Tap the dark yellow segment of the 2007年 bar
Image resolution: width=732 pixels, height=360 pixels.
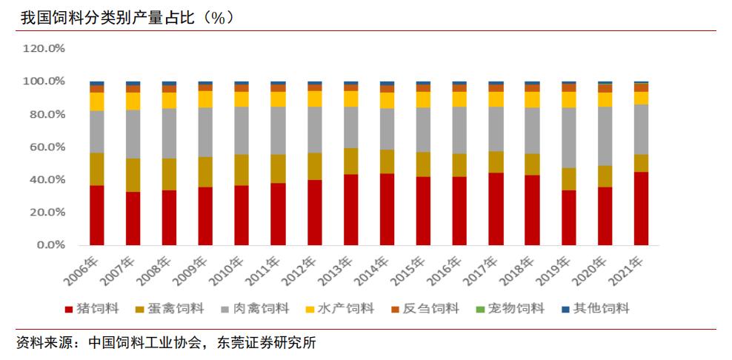[133, 175]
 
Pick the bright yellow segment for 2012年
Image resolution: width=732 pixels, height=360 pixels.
[314, 99]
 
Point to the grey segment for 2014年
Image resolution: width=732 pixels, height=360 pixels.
[387, 129]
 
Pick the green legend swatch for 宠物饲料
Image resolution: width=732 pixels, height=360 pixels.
[479, 308]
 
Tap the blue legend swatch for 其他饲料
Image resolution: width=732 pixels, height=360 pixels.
[565, 308]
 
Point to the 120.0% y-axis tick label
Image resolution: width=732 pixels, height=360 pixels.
[44, 48]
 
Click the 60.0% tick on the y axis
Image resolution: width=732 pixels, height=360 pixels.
[47, 147]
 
